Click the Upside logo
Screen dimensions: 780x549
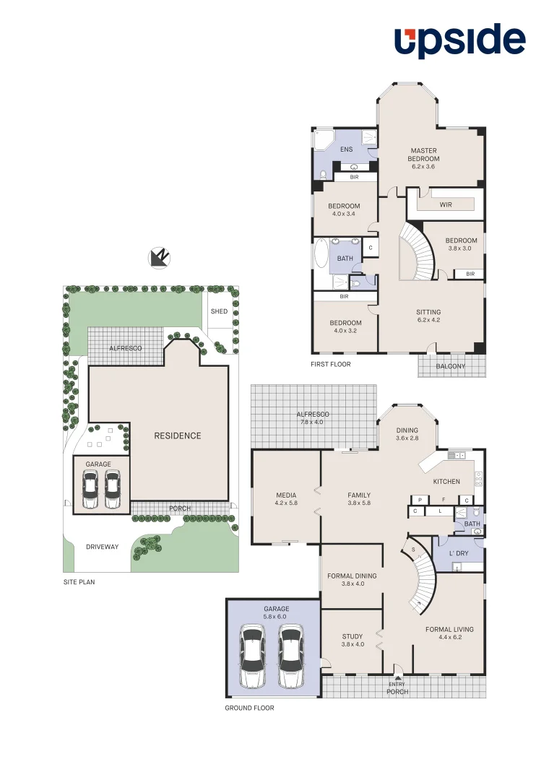[459, 40]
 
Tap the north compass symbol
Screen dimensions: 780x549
[158, 256]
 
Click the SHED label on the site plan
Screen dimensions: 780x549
[219, 311]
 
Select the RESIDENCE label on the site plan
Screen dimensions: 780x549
[178, 435]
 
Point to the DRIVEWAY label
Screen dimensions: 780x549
[102, 547]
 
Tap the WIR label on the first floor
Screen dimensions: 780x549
[446, 204]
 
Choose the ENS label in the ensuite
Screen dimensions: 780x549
[346, 149]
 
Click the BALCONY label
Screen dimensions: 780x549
[451, 366]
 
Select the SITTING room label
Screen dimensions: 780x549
[428, 312]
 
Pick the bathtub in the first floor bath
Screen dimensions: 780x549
[321, 254]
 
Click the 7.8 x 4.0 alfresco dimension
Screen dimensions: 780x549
[314, 422]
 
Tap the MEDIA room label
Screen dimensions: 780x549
[286, 495]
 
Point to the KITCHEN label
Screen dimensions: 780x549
[446, 481]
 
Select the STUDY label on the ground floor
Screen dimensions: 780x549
[353, 636]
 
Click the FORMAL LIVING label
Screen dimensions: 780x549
[449, 629]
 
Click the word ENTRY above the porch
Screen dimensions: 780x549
[397, 684]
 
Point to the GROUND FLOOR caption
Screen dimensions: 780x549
[249, 708]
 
